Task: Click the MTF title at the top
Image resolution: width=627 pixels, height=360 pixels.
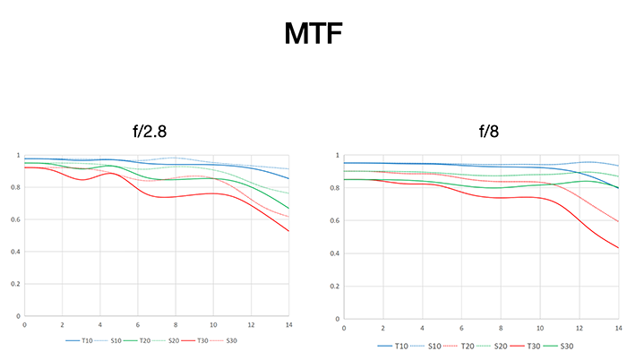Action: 313,35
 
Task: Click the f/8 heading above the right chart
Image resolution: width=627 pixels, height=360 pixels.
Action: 487,132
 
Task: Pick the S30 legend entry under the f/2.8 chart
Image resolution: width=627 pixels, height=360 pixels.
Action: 230,340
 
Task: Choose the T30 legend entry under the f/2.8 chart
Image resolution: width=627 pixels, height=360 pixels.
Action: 202,340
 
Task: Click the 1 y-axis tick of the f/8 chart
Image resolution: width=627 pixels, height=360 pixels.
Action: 337,156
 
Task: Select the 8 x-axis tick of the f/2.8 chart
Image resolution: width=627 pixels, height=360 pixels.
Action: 176,325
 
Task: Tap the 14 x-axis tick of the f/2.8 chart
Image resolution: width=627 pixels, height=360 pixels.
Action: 288,325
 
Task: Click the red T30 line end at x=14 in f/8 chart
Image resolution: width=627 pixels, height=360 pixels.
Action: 617,248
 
